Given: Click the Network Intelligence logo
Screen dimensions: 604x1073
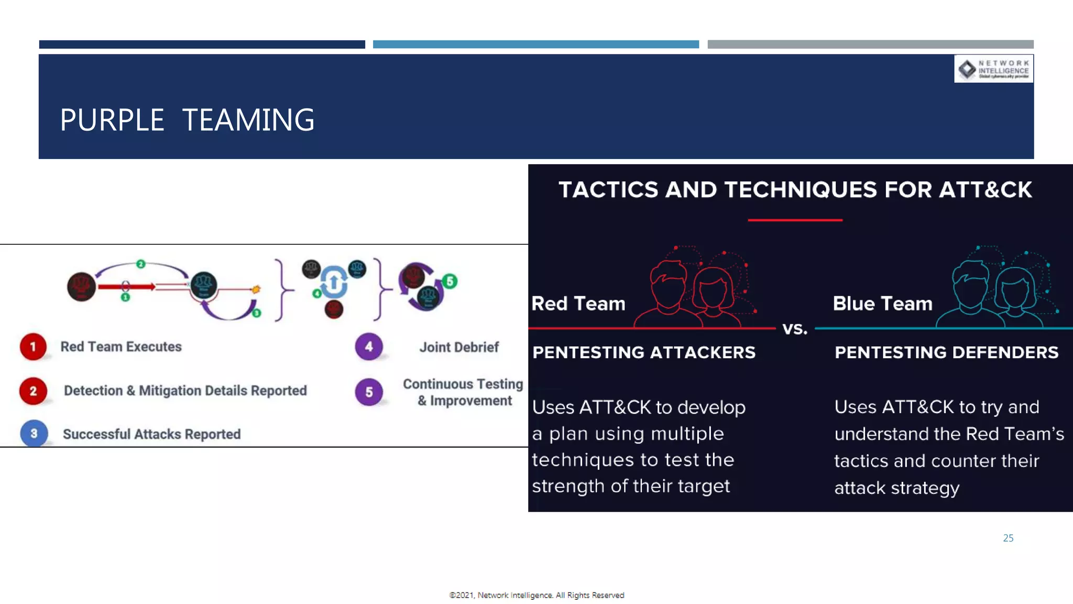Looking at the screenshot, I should (x=993, y=69).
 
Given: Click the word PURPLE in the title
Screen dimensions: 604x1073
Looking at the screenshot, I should (x=112, y=120).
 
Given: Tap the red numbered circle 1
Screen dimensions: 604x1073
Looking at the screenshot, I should (x=33, y=347).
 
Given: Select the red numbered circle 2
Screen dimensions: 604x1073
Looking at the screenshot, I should (x=33, y=391).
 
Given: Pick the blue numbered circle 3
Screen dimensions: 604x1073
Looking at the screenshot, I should (x=34, y=434).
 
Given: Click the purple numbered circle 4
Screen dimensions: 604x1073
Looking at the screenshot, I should (x=369, y=347).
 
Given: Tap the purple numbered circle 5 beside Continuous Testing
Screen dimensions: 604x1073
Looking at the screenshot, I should (x=369, y=392).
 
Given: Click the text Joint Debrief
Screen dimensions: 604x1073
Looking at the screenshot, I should (x=459, y=347).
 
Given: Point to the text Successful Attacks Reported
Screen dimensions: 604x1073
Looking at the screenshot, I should (x=151, y=434).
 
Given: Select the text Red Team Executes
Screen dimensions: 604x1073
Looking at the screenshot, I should (x=121, y=347).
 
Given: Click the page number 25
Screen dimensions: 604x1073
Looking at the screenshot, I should (x=1008, y=538).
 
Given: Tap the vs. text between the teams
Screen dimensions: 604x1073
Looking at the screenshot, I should (x=795, y=329).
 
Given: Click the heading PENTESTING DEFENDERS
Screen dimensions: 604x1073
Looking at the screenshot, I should (x=946, y=352).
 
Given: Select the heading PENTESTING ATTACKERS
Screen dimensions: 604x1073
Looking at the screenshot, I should (x=644, y=352).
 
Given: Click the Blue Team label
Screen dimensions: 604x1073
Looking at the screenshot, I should (x=882, y=304).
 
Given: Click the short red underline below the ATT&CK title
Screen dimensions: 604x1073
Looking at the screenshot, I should (x=795, y=220).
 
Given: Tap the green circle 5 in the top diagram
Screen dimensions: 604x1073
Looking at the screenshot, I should (x=450, y=281).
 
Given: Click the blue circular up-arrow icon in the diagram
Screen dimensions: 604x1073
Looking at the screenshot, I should (x=334, y=282).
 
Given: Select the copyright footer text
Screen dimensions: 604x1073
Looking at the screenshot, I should (x=536, y=595).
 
